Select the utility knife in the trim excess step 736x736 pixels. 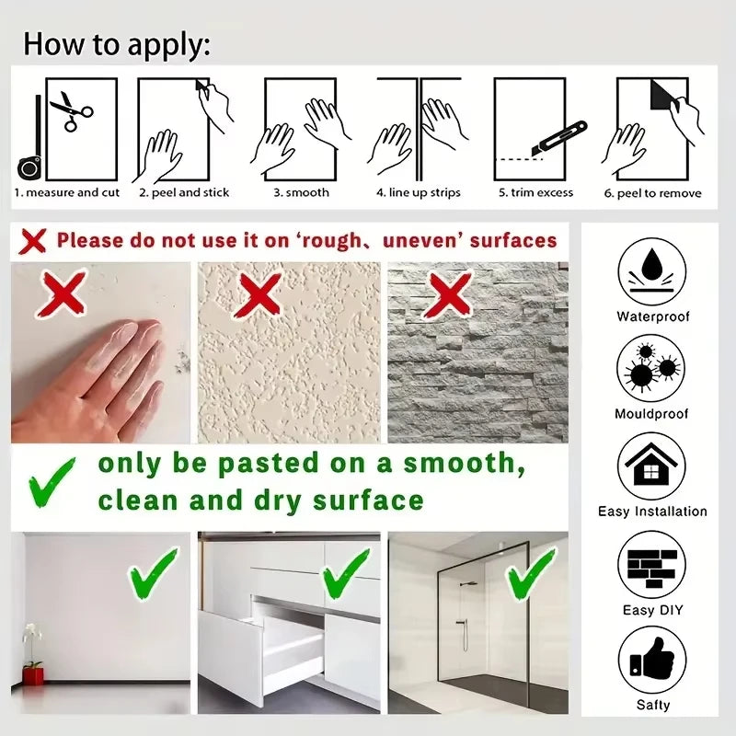click(x=559, y=138)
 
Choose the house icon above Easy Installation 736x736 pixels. click(x=651, y=466)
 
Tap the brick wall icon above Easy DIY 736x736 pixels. click(x=652, y=566)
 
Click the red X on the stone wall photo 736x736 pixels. click(x=449, y=295)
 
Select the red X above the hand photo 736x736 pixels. click(x=63, y=293)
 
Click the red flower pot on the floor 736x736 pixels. click(x=33, y=676)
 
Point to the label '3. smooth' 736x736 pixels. click(x=302, y=192)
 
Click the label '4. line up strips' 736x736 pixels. click(x=419, y=193)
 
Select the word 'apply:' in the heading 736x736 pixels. click(x=169, y=45)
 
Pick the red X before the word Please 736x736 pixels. click(x=32, y=241)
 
